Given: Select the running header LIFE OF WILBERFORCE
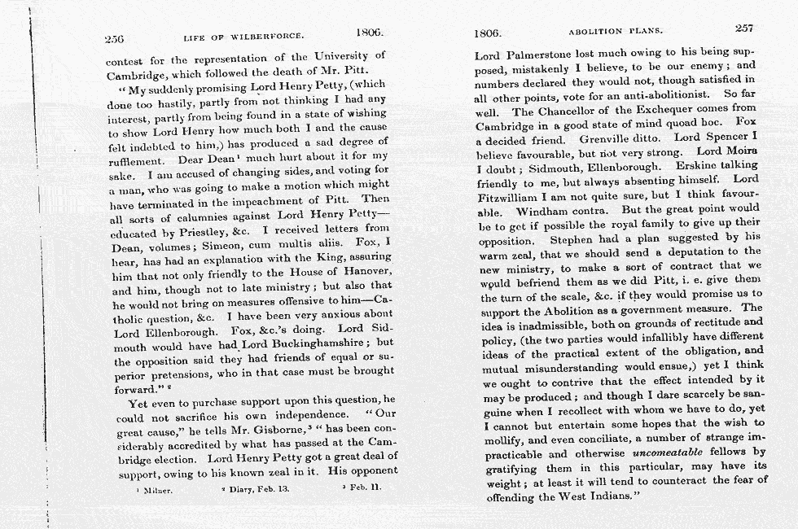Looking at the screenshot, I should (244, 37).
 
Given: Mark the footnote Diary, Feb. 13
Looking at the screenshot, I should (256, 490).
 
